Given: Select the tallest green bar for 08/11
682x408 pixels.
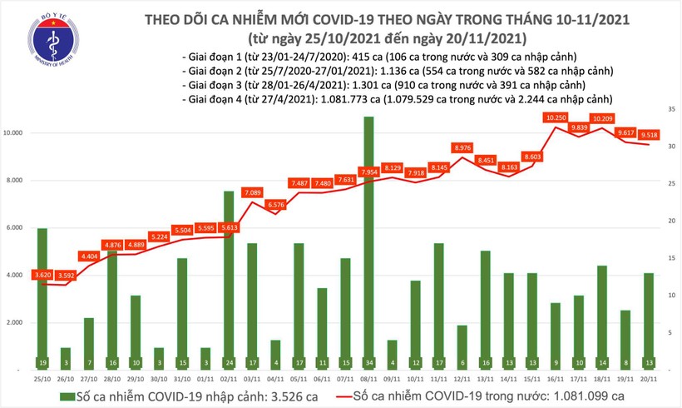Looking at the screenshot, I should pyautogui.click(x=368, y=241).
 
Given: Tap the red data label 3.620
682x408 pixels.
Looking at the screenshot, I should pyautogui.click(x=42, y=274).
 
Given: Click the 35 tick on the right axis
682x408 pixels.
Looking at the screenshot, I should pyautogui.click(x=670, y=109).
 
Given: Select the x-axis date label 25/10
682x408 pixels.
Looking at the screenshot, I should pyautogui.click(x=42, y=378).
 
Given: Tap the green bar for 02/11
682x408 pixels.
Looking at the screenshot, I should pyautogui.click(x=228, y=279).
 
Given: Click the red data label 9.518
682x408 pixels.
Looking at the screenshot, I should pyautogui.click(x=648, y=133).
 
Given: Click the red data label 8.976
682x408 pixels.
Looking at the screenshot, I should pyautogui.click(x=462, y=147).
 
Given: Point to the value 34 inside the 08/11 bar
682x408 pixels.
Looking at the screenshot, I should pyautogui.click(x=368, y=362).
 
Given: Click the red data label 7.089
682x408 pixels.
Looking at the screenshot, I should pyautogui.click(x=252, y=192).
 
